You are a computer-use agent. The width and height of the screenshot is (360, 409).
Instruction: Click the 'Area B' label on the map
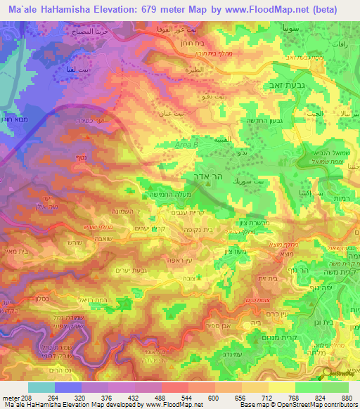[x=185, y=143]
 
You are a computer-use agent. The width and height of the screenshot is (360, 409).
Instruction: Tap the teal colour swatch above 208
[x=41, y=387]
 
